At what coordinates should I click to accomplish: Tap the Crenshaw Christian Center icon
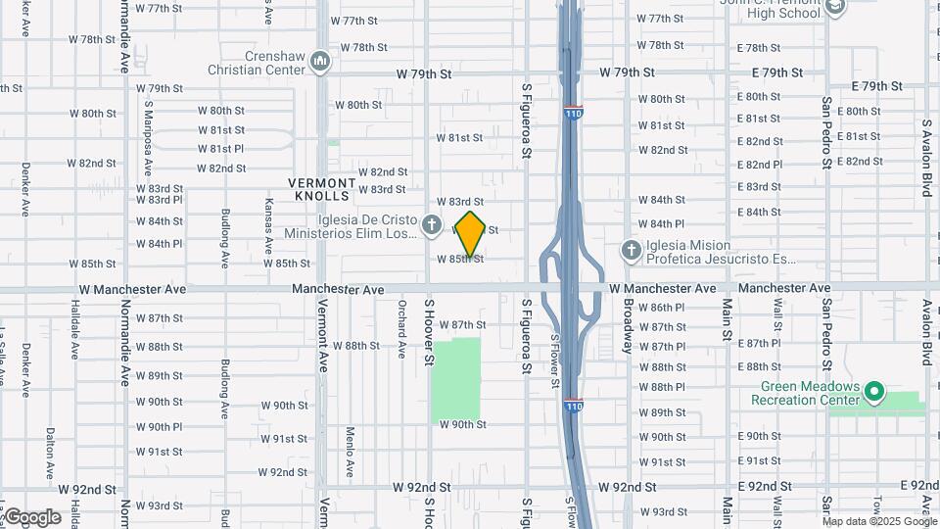coord(320,63)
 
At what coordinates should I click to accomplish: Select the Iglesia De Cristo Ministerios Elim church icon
coord(431,226)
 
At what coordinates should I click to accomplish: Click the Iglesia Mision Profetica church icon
coord(632,252)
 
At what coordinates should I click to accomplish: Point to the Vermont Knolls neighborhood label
coord(322,189)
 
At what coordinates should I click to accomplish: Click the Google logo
coord(31,517)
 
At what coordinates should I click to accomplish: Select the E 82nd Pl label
coord(764,165)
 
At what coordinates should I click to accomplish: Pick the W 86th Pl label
coord(662,308)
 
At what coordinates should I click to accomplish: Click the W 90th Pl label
coord(159,427)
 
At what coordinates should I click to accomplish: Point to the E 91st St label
coord(764,460)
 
